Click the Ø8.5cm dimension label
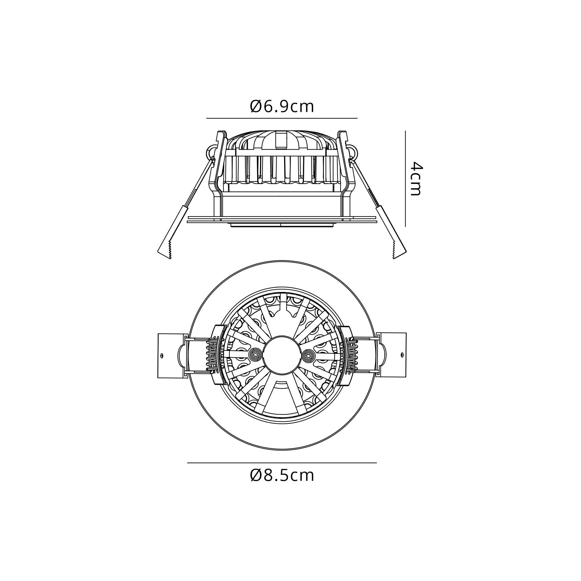pyautogui.click(x=282, y=476)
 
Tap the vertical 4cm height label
pyautogui.click(x=417, y=179)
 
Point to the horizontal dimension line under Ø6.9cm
pyautogui.click(x=282, y=118)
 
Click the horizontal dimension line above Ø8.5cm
pyautogui.click(x=282, y=463)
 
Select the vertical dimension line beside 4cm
pyautogui.click(x=405, y=179)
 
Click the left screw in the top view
pyautogui.click(x=256, y=355)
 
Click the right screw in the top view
pyautogui.click(x=308, y=356)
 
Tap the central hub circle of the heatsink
pyautogui.click(x=282, y=355)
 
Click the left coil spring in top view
pyautogui.click(x=212, y=355)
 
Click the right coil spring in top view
pyautogui.click(x=351, y=356)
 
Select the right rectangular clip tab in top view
pyautogui.click(x=392, y=355)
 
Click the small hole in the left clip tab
pyautogui.click(x=162, y=356)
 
